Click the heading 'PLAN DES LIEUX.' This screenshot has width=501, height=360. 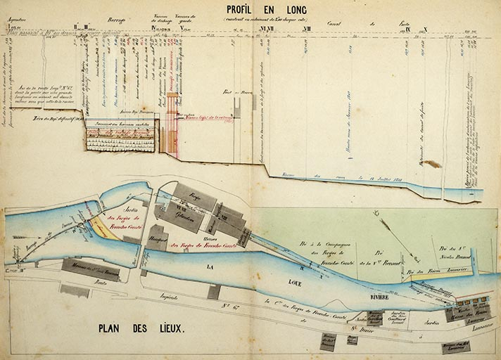(140, 328)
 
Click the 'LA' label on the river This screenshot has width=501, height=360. (208, 268)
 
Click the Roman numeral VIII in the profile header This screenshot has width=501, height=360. (306, 30)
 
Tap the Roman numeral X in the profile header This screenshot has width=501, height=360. (426, 30)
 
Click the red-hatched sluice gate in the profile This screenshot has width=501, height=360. (173, 133)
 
